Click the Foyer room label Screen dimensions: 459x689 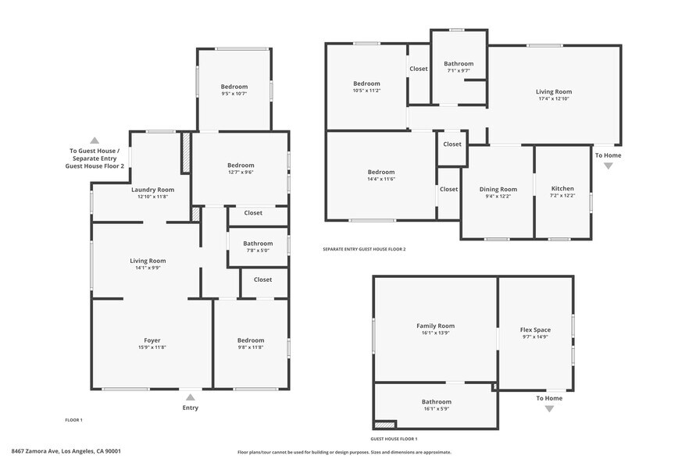152,340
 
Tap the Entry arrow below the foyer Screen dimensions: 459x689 191,397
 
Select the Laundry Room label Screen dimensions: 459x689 152,190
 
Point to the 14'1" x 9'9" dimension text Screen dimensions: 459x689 148,269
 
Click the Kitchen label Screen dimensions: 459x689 562,189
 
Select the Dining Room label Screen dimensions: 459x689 498,189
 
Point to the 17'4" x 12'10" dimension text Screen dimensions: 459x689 554,99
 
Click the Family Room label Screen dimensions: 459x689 436,326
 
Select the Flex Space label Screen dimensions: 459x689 535,330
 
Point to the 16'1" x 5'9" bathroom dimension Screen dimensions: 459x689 436,409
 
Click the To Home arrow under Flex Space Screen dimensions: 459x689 549,407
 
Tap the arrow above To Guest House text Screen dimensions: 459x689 95,141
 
